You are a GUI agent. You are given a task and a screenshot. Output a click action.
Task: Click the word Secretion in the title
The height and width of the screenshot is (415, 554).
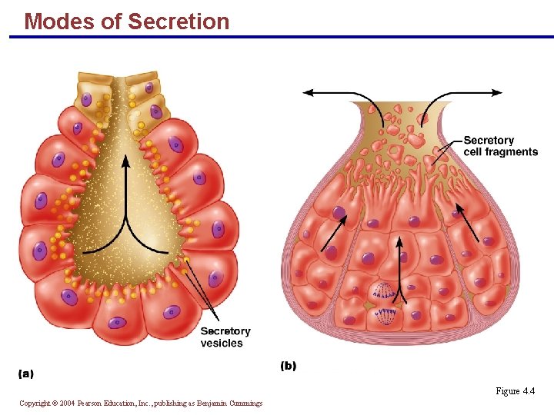(x=179, y=22)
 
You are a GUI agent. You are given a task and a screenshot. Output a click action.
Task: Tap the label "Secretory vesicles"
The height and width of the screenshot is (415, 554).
(x=225, y=337)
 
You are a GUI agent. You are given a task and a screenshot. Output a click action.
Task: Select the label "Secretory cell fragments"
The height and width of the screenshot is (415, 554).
(x=500, y=146)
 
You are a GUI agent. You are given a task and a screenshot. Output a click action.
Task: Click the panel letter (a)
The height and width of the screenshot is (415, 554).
(x=25, y=373)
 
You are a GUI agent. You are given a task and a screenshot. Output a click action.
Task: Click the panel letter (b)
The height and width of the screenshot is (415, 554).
(x=288, y=366)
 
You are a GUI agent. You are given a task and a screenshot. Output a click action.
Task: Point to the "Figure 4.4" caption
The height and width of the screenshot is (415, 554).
(x=515, y=391)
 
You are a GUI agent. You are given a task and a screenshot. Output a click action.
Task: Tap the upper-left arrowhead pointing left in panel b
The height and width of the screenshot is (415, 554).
(x=308, y=93)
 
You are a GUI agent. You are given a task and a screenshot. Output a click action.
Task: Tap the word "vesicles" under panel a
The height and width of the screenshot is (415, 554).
(x=222, y=343)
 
